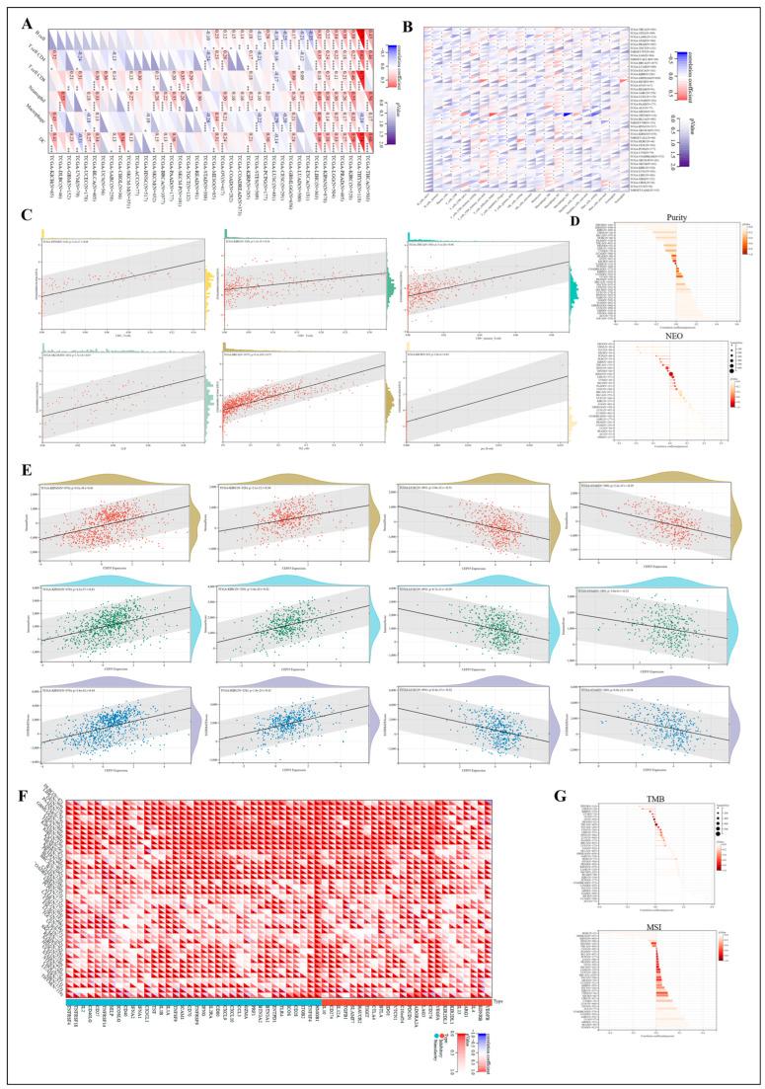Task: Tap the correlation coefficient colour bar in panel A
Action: [392, 58]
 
